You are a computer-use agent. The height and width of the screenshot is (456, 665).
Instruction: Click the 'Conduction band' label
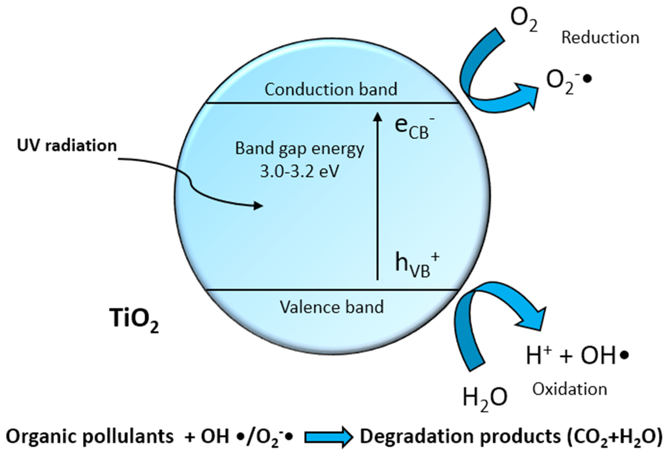tap(331, 89)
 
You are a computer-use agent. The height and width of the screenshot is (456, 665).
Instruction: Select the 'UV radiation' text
tap(67, 146)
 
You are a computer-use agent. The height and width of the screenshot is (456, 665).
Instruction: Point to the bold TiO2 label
tap(134, 320)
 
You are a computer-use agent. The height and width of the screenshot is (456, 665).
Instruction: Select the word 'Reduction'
tap(600, 38)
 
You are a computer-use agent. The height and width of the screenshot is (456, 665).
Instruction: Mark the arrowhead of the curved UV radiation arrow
tap(258, 205)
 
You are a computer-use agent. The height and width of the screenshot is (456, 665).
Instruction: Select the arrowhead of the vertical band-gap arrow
tap(378, 117)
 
